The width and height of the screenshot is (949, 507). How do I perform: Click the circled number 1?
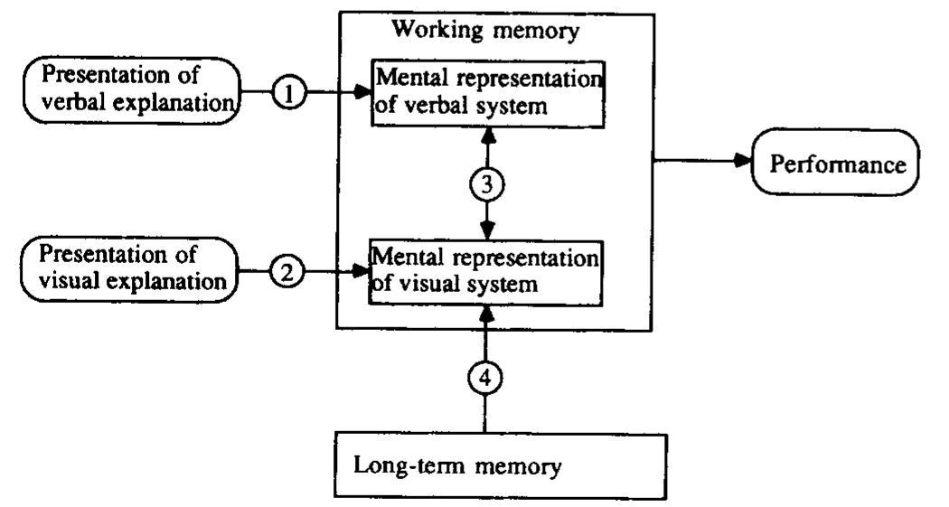click(288, 93)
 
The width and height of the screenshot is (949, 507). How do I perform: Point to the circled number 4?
click(486, 376)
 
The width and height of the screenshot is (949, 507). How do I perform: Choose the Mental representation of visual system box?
click(485, 272)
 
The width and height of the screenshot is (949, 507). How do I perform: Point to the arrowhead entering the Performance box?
click(743, 161)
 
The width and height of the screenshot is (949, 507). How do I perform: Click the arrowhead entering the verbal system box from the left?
click(363, 93)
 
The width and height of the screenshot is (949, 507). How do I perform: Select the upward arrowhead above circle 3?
click(488, 135)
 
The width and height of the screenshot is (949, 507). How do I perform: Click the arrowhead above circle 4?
click(486, 313)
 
